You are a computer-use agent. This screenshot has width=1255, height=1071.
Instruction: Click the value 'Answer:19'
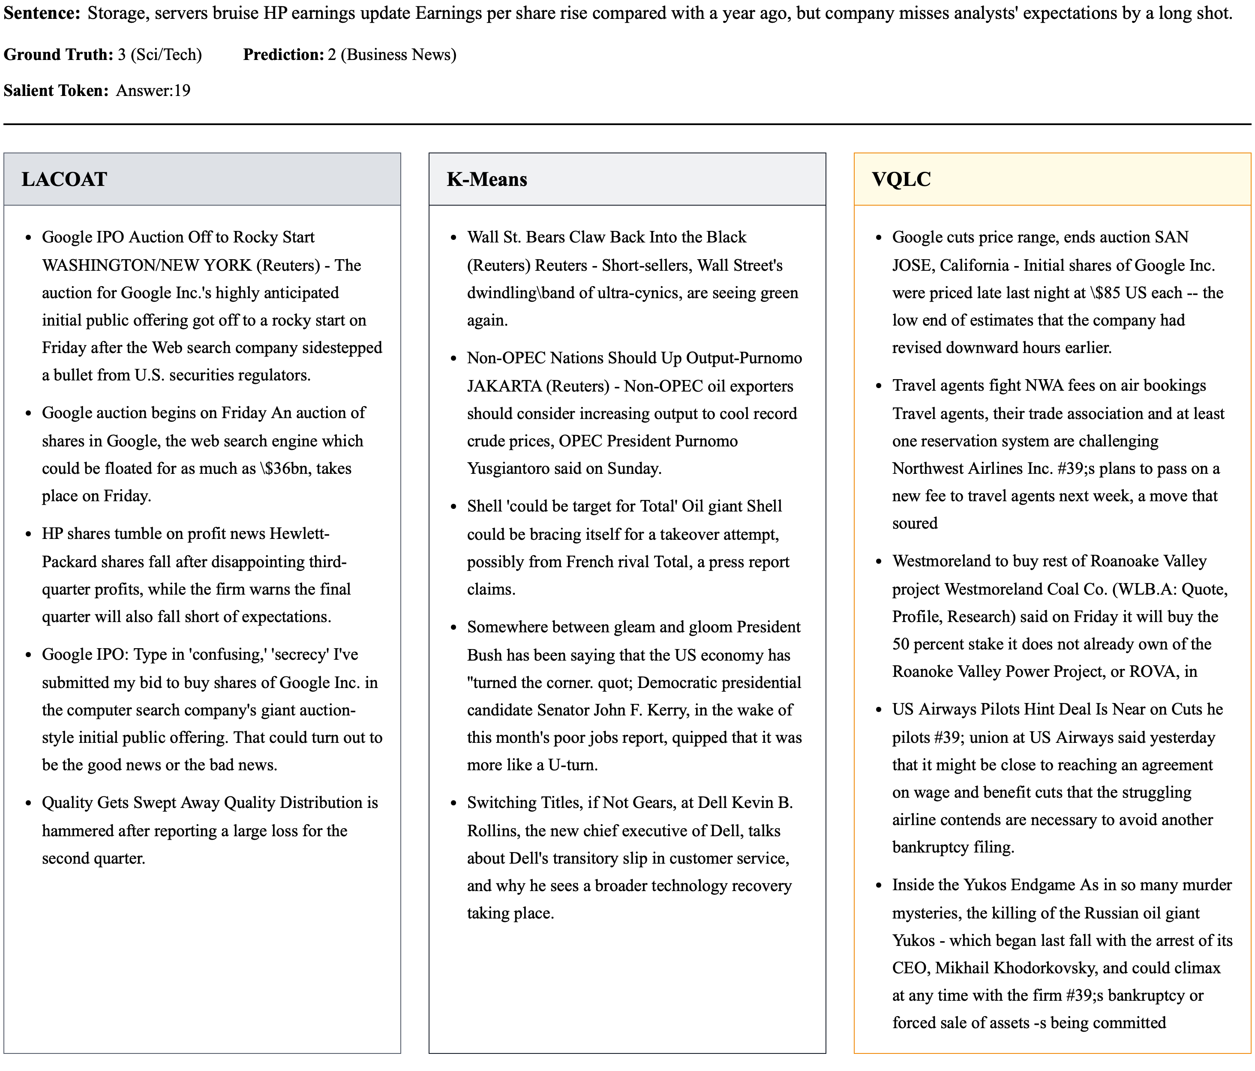coord(153,90)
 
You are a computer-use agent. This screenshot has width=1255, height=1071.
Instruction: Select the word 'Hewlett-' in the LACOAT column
coord(299,533)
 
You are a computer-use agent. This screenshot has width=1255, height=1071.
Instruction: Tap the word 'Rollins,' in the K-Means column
coord(493,831)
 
